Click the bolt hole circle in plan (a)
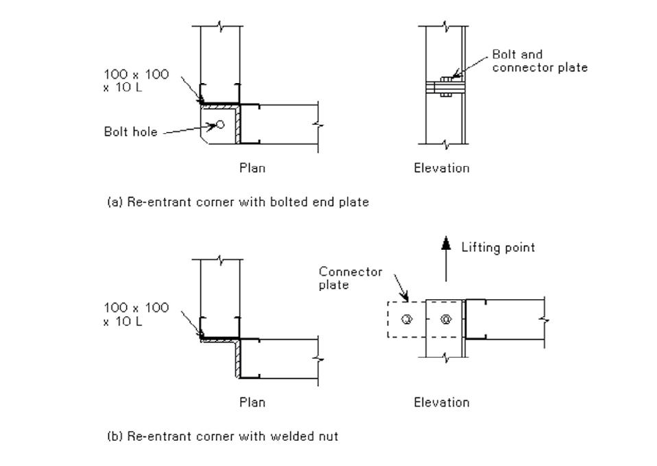(219, 124)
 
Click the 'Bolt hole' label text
(130, 132)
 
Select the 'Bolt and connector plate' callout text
(540, 61)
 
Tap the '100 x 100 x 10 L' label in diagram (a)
(136, 81)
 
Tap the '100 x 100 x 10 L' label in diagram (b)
(136, 314)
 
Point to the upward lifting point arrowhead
(446, 242)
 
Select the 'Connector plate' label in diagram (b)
(350, 278)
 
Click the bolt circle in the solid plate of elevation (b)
(446, 319)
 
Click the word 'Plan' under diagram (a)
(252, 168)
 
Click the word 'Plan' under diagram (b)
(252, 402)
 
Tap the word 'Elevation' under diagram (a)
(442, 168)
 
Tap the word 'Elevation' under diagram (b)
(442, 402)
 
